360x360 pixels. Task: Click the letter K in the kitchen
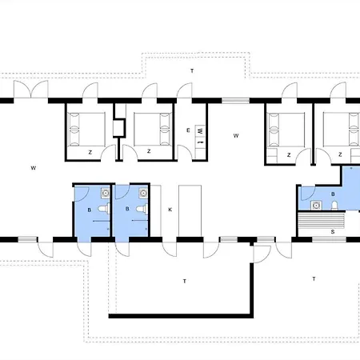pyautogui.click(x=170, y=210)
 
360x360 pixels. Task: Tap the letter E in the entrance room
pyautogui.click(x=188, y=130)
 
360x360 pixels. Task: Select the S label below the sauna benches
pyautogui.click(x=333, y=232)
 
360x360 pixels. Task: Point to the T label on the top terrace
pyautogui.click(x=192, y=71)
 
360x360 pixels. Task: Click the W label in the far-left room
pyautogui.click(x=34, y=168)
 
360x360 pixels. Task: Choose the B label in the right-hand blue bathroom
pyautogui.click(x=333, y=194)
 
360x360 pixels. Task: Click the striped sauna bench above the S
pyautogui.click(x=322, y=219)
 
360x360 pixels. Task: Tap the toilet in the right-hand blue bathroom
pyautogui.click(x=334, y=206)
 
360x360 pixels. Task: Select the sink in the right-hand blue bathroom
pyautogui.click(x=316, y=206)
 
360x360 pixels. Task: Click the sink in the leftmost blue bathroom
pyautogui.click(x=106, y=193)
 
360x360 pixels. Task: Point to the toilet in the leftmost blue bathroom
pyautogui.click(x=104, y=209)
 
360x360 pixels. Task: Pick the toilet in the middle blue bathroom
pyautogui.click(x=142, y=208)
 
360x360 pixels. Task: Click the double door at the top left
pyautogui.click(x=31, y=90)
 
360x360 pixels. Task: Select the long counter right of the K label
pyautogui.click(x=190, y=210)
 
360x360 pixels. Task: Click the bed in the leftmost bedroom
pyautogui.click(x=86, y=130)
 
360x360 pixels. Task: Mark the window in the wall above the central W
pyautogui.click(x=235, y=101)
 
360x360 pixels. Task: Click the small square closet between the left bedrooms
pyautogui.click(x=119, y=128)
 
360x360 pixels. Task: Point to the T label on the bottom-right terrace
pyautogui.click(x=314, y=279)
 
